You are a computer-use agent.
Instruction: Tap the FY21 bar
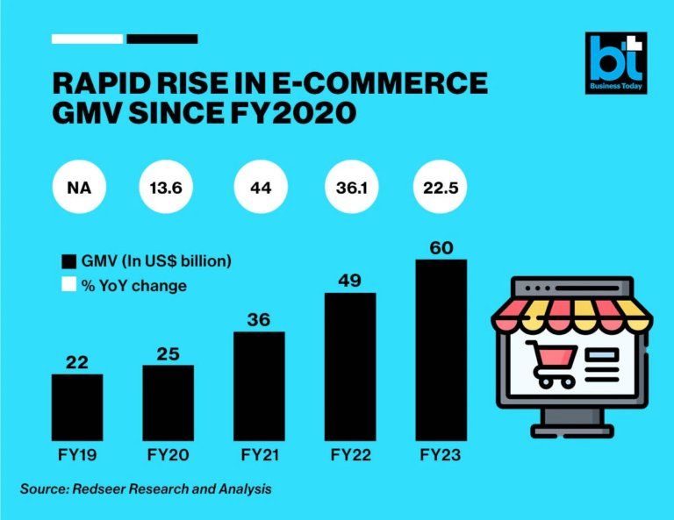259,385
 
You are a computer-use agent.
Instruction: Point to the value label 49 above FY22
349,281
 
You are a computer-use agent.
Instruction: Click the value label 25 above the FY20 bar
168,353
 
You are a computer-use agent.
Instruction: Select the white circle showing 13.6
168,187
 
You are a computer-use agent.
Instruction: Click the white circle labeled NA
78,187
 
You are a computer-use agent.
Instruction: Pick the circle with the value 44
261,187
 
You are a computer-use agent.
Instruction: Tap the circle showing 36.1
351,187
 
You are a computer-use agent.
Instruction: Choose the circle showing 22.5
441,187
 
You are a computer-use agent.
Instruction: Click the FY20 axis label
168,455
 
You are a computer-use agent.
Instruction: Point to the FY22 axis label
349,455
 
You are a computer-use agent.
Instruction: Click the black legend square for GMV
68,262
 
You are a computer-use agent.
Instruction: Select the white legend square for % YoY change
68,286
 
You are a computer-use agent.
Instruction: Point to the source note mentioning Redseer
146,488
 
